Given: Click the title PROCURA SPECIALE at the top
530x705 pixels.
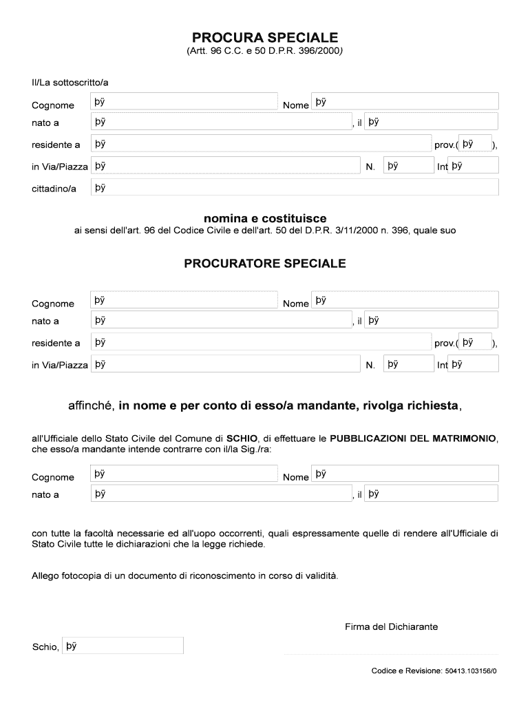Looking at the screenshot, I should (265, 37).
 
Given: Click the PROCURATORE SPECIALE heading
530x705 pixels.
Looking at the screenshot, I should (265, 264).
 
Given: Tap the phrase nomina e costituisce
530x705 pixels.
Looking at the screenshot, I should (265, 218).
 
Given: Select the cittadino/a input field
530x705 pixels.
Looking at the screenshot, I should (295, 187).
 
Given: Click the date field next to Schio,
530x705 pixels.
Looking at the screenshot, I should (123, 646).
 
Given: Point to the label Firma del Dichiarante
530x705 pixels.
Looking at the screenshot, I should (391, 627).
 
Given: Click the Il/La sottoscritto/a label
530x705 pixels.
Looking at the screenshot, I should (70, 83).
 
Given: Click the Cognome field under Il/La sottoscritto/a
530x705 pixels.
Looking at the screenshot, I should (184, 102).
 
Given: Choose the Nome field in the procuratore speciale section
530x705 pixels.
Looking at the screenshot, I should (405, 299).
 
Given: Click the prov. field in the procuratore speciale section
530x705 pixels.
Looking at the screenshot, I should (475, 342).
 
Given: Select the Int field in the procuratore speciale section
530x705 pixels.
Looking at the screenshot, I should (473, 364).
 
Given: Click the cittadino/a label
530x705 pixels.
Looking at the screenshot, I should (54, 188).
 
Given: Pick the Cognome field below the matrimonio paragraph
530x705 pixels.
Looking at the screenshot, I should (184, 474).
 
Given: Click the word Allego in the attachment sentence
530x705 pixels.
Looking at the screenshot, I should (46, 576).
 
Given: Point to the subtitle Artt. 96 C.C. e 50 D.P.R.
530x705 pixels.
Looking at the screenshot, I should (265, 52).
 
